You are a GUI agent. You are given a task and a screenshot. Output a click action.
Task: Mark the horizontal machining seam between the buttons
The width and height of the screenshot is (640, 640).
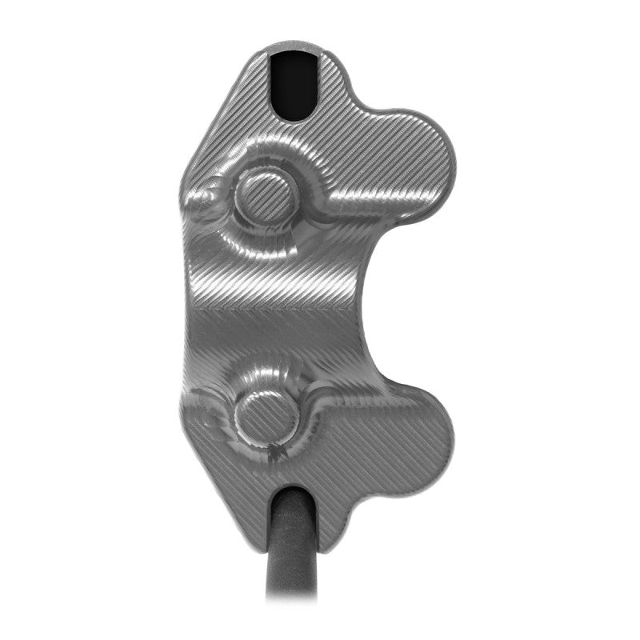(272, 309)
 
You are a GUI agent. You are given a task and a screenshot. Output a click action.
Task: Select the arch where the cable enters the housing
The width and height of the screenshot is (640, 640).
(292, 490)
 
